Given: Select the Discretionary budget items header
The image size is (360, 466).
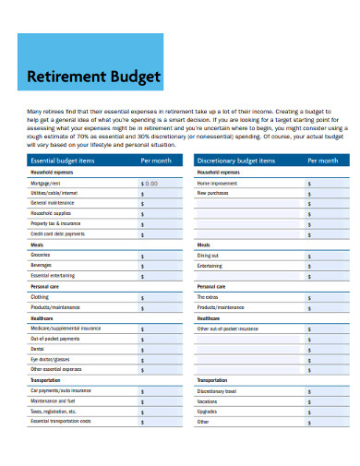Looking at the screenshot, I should (x=236, y=161).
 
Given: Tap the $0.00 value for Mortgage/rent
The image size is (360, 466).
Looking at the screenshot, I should (x=150, y=183).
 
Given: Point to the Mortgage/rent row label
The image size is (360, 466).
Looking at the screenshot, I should (x=46, y=183).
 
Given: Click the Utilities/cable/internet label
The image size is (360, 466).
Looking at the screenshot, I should (x=54, y=193).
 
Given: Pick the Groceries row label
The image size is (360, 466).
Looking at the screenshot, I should (x=41, y=255).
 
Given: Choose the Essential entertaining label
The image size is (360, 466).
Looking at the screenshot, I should (x=53, y=276).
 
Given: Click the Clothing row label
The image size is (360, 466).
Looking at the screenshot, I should (x=41, y=297).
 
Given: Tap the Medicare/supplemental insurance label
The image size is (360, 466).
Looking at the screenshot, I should (x=66, y=329).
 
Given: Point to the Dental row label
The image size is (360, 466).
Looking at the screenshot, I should (x=38, y=349).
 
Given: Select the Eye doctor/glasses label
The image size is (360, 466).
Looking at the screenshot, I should (x=50, y=359).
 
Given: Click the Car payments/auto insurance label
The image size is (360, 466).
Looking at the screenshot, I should (x=61, y=390).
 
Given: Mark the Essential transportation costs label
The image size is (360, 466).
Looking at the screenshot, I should (x=61, y=421).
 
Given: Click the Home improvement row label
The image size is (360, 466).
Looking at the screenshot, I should (x=218, y=183).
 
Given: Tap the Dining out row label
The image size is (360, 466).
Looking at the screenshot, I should (x=208, y=255).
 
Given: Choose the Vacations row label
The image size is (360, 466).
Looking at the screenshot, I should (x=208, y=401).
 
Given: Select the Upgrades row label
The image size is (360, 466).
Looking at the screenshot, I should (x=207, y=412).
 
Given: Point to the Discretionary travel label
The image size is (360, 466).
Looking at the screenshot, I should (x=218, y=390).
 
